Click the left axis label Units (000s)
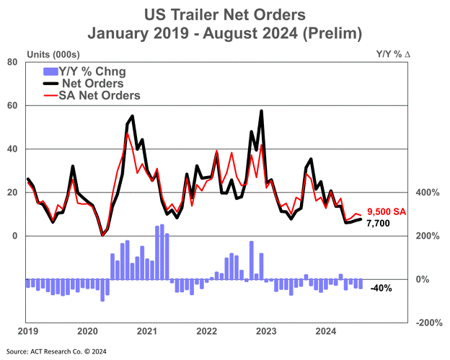tap(53, 54)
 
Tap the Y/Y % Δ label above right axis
tap(393, 53)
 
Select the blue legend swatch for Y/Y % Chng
tap(50, 71)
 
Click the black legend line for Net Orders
tap(50, 84)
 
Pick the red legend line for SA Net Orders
tap(50, 96)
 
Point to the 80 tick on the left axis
tap(12, 62)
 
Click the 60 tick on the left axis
tap(12, 105)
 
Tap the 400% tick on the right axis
tap(428, 193)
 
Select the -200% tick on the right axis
tap(429, 322)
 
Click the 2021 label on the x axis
tap(147, 331)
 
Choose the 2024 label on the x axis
tap(326, 331)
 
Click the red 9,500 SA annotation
tap(387, 212)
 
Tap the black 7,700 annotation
tap(379, 224)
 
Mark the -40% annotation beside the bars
tap(381, 288)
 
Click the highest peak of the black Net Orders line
tap(262, 111)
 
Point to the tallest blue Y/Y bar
tap(162, 252)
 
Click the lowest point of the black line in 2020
tap(102, 235)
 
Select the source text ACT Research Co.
tap(52, 351)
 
